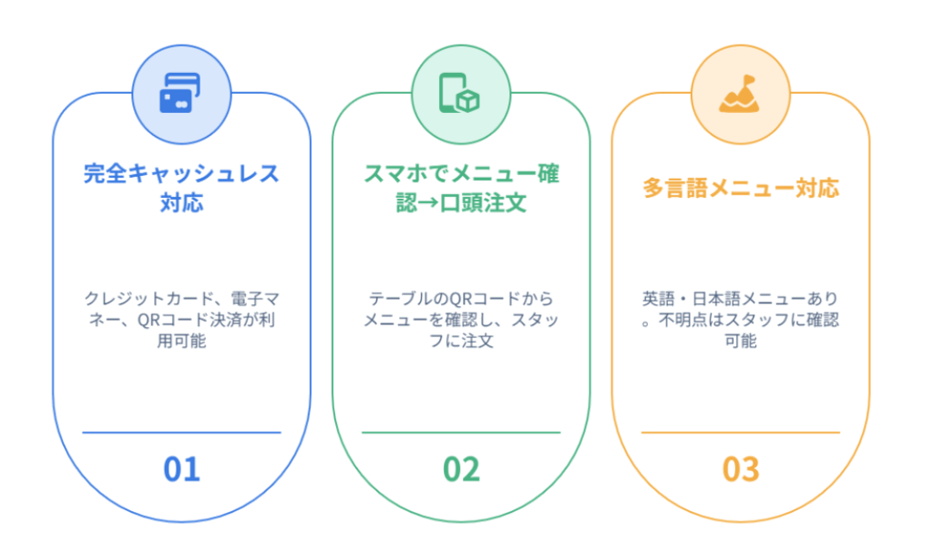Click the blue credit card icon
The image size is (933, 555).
[180, 93]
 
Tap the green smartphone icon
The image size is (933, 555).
[459, 93]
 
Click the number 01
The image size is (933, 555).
[181, 469]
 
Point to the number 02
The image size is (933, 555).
[461, 469]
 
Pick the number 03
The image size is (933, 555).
[741, 469]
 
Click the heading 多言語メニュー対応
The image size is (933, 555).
[741, 188]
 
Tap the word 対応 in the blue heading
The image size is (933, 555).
[181, 203]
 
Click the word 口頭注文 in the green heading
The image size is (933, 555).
[483, 203]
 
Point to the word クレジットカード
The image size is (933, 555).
[149, 298]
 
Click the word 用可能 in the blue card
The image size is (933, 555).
[181, 341]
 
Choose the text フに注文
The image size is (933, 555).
[461, 341]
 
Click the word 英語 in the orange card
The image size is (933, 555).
[658, 298]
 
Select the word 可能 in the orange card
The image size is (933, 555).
[741, 341]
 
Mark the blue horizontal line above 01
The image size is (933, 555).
[181, 433]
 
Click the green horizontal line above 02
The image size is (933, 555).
[461, 433]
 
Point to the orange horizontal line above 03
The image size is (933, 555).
[741, 433]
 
